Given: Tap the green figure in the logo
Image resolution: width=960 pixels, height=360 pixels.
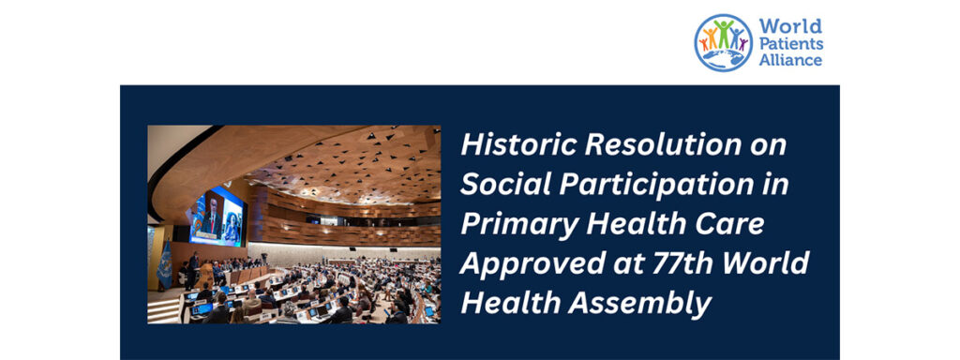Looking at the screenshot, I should coord(723,34).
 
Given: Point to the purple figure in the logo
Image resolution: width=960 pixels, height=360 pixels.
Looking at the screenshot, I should coord(743,42).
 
